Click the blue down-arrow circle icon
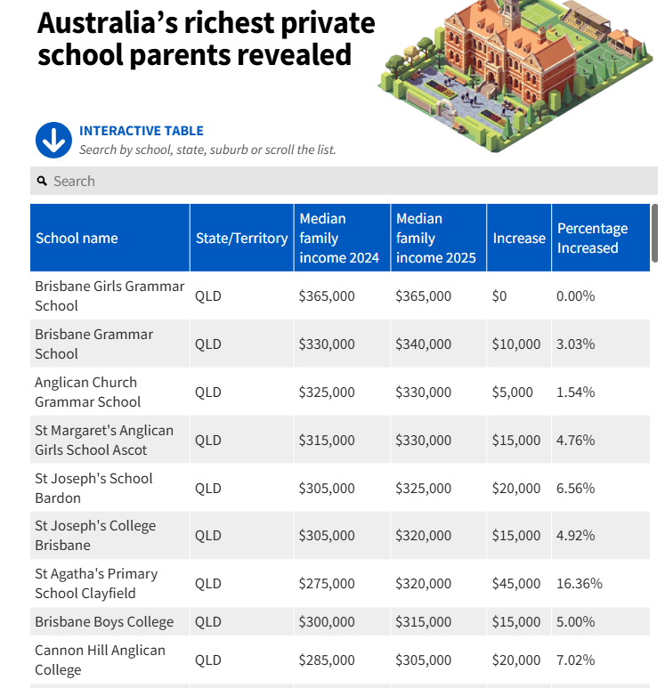coord(53,140)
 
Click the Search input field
coord(344,181)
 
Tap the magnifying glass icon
coord(42,181)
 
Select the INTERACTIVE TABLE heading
coord(142,131)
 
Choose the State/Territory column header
coord(242,238)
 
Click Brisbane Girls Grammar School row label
coord(109,295)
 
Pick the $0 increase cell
coord(499,296)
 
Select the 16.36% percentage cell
coord(580,584)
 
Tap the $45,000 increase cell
coord(516,584)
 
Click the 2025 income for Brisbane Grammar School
coord(423,344)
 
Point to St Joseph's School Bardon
coord(93,488)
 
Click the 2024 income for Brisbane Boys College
coord(327,622)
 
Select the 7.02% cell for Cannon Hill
coord(575,660)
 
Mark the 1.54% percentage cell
coord(575,392)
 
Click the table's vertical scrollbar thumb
coord(654,233)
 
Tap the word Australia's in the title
coord(108,23)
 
